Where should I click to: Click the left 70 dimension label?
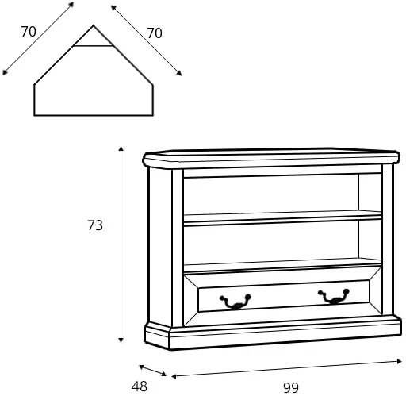tap(29, 32)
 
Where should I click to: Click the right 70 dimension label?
tap(155, 33)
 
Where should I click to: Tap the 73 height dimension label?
tap(95, 225)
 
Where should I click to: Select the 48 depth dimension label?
tap(140, 386)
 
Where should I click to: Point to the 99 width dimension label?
tap(291, 388)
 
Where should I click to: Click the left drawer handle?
tap(236, 302)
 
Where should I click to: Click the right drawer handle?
tap(334, 296)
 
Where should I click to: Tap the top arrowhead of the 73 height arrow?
tap(121, 148)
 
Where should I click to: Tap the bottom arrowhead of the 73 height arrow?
tap(121, 340)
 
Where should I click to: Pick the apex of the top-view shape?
tap(94, 25)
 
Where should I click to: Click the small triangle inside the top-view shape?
tap(94, 38)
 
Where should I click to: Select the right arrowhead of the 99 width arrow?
tap(400, 361)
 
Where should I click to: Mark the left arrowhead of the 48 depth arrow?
tap(141, 367)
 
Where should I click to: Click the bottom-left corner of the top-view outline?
tap(34, 115)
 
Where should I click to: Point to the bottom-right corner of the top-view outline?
tap(153, 115)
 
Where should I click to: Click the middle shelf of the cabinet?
tap(282, 218)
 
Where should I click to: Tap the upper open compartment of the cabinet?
tap(271, 194)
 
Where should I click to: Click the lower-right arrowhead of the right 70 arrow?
tap(179, 74)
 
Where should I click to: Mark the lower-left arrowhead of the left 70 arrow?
tap(5, 73)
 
